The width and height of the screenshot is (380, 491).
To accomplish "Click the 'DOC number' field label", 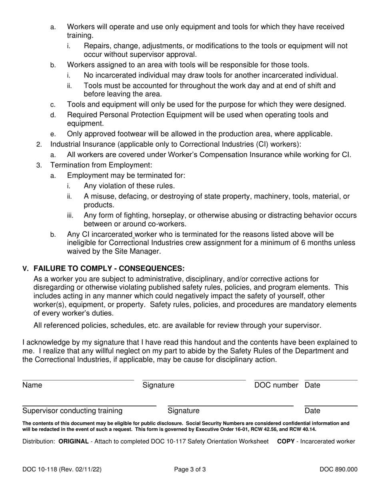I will [x=276, y=385].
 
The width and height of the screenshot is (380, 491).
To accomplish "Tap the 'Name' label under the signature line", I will [x=32, y=385].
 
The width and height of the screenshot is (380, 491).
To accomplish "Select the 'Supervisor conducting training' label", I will [x=72, y=411].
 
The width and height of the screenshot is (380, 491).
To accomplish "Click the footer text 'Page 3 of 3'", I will [x=190, y=469].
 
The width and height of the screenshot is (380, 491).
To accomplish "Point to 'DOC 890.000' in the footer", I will [x=338, y=469].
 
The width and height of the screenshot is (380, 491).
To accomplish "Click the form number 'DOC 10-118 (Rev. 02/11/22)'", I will [x=62, y=469].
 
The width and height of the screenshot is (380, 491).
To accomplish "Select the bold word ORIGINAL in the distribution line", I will [x=73, y=442].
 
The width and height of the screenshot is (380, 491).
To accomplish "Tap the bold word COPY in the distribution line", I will [x=286, y=442].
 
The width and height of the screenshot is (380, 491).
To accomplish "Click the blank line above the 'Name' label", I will [x=78, y=380].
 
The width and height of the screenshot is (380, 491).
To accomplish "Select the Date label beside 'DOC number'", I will [x=312, y=385].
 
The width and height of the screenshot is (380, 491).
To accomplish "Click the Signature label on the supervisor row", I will [x=183, y=411].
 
